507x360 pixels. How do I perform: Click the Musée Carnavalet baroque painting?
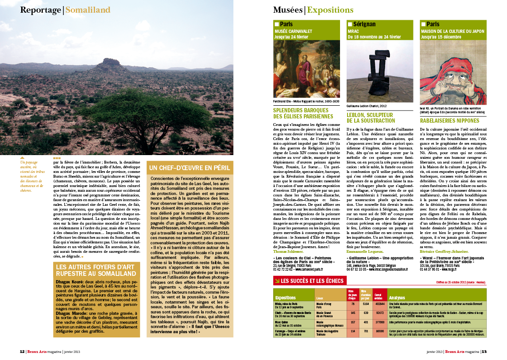click(x=306, y=69)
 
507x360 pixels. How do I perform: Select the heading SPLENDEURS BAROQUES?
click(x=303, y=113)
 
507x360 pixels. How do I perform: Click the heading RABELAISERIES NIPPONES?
click(x=450, y=121)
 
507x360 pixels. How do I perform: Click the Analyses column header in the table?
click(x=397, y=297)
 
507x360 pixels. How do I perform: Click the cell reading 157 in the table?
click(x=352, y=322)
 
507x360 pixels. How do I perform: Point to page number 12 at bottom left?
click(x=22, y=351)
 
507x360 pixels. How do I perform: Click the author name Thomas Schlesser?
click(x=288, y=251)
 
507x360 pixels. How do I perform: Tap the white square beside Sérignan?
click(x=349, y=24)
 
